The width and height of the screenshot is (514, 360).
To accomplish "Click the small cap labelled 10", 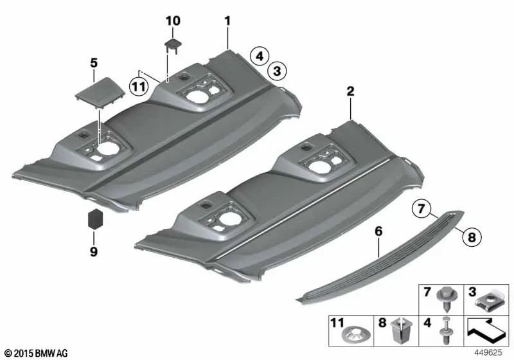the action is coord(173,45).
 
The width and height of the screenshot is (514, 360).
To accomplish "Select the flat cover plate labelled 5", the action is coord(100,92).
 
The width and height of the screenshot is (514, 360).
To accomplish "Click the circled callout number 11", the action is coord(139,87).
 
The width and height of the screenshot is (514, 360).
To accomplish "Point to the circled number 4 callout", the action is coord(260,57).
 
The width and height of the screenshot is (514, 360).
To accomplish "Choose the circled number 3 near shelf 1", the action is coord(277,71).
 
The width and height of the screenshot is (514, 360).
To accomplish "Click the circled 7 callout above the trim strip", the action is coord(421,209).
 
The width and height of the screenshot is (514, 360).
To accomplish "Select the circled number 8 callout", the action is coord(472,237).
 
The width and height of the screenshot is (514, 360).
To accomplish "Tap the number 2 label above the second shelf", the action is coord(350,91).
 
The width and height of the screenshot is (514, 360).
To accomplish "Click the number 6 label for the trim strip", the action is coord(378,231).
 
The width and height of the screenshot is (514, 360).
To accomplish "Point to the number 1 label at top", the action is coord(227,21).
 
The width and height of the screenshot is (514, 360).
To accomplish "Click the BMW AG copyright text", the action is coord(37,353).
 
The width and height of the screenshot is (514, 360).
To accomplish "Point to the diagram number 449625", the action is coord(488,353).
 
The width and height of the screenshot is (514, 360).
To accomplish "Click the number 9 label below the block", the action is coord(94,252).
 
